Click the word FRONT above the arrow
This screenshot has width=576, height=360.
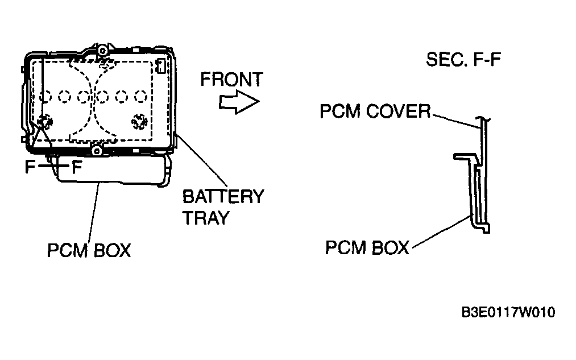point(232,79)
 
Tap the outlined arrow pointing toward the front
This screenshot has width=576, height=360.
point(239,102)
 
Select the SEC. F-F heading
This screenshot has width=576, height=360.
point(463,59)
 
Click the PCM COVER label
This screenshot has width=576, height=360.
point(375,111)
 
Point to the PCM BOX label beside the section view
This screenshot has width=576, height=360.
point(367,247)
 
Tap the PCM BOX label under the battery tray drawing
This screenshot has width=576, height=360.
point(89,251)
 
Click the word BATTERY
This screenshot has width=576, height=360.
point(223,197)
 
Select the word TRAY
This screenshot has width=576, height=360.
point(206,217)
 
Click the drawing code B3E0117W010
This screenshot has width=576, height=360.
point(508,312)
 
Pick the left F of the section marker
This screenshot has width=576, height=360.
point(30,167)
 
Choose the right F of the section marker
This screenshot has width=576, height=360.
point(76,167)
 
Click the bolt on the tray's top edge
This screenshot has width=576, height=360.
point(102,49)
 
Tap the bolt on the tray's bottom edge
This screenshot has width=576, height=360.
point(97,151)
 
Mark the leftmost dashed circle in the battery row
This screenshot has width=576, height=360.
point(45,97)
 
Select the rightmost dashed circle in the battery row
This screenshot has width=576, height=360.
point(140,97)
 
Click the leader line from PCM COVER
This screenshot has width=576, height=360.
point(455,121)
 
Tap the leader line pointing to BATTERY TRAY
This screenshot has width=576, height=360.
point(202,161)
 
